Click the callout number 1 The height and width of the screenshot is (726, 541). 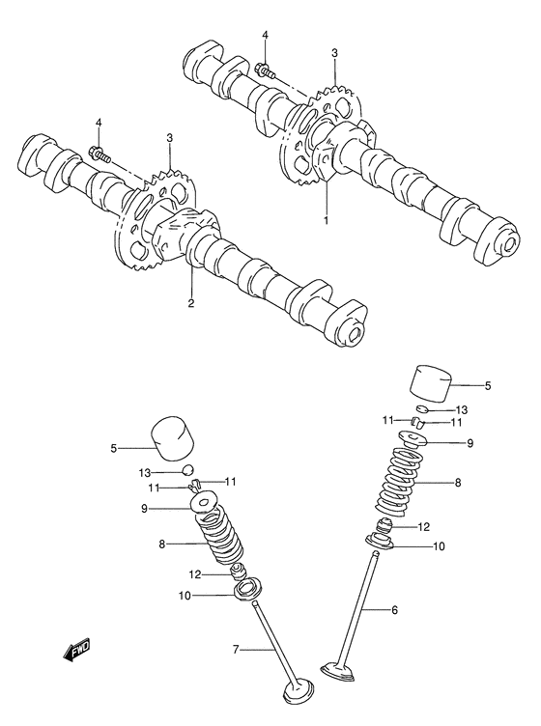pyautogui.click(x=327, y=220)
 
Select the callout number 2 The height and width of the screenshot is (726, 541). pyautogui.click(x=191, y=303)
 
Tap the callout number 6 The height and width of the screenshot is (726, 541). pyautogui.click(x=394, y=610)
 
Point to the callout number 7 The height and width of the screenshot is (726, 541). pyautogui.click(x=236, y=650)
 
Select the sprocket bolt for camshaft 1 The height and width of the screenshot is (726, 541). pyautogui.click(x=265, y=70)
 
